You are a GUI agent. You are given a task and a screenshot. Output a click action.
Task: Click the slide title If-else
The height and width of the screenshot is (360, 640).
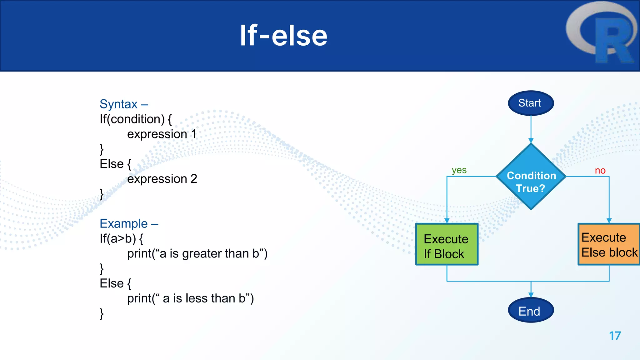(283, 36)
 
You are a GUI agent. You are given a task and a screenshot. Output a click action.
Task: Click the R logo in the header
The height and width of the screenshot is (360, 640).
(602, 33)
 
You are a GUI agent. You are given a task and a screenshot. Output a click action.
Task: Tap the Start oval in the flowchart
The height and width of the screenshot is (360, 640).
(531, 103)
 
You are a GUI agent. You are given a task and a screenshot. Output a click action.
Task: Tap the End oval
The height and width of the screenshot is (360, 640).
(531, 311)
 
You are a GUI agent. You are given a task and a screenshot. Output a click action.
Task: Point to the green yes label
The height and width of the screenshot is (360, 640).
(459, 170)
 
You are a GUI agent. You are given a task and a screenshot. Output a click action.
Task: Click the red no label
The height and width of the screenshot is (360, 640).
(600, 171)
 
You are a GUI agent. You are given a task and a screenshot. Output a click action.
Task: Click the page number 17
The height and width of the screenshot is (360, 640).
(615, 336)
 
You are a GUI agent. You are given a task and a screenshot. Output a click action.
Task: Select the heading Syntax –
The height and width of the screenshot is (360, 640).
(124, 104)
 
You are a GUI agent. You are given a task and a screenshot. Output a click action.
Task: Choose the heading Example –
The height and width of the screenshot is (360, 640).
(129, 224)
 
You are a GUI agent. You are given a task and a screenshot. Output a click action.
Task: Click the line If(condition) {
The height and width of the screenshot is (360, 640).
(136, 119)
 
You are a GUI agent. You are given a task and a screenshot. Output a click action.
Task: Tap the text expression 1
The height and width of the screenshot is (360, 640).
(162, 134)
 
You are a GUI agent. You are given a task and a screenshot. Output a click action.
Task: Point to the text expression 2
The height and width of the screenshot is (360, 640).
(162, 179)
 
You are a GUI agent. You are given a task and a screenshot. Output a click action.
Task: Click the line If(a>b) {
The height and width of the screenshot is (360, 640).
(121, 239)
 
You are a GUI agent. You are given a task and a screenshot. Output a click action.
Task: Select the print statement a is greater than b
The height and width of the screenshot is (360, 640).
(197, 254)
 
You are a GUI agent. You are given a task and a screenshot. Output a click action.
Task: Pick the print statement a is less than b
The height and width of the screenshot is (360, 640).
(190, 298)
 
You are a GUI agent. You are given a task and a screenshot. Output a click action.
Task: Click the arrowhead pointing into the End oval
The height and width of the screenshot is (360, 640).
(531, 295)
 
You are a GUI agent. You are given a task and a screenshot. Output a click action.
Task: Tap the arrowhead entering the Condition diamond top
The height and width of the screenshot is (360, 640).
(531, 141)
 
